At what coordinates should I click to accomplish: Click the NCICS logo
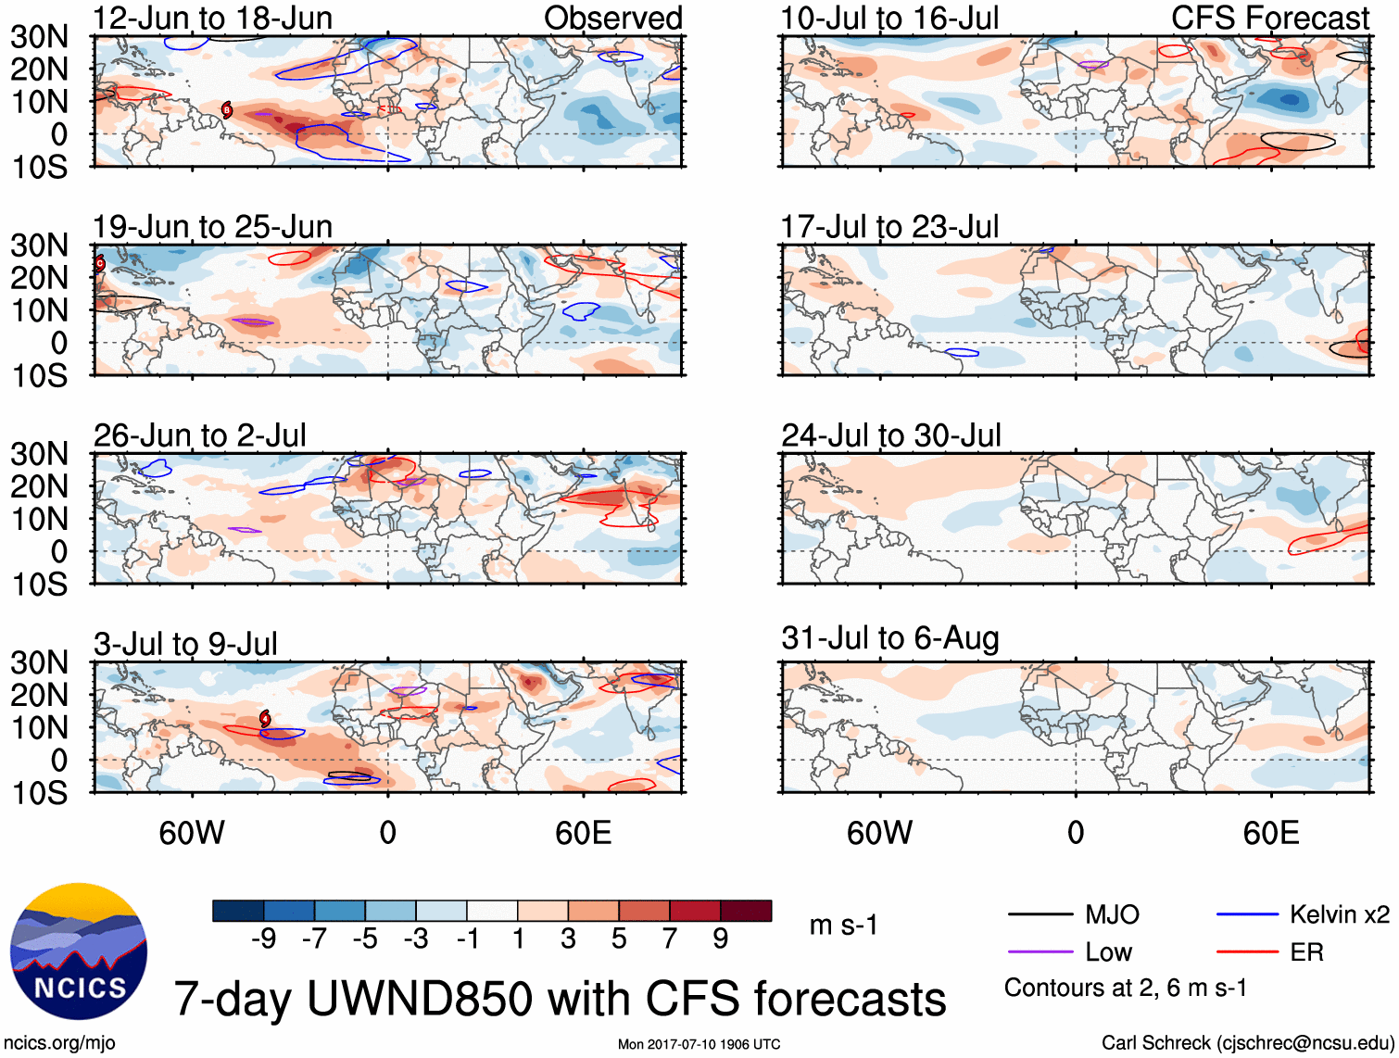click(78, 951)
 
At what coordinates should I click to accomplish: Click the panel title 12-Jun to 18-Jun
click(212, 18)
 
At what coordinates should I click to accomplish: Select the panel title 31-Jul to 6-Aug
click(889, 638)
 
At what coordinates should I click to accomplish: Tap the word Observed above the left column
click(612, 18)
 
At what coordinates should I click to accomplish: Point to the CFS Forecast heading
click(1269, 18)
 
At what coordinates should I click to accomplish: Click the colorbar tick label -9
click(263, 939)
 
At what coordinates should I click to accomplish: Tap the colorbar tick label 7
click(670, 939)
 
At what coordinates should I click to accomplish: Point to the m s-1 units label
click(843, 926)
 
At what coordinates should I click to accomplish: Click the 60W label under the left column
click(192, 833)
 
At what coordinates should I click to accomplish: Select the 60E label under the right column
click(1270, 833)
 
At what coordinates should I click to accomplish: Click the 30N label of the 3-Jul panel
click(39, 662)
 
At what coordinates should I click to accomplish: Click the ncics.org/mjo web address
click(59, 1043)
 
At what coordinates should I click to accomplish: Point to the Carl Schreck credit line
click(1247, 1043)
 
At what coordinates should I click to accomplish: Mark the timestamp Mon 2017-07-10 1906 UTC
click(699, 1045)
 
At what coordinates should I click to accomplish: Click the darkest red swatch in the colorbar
click(746, 911)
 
